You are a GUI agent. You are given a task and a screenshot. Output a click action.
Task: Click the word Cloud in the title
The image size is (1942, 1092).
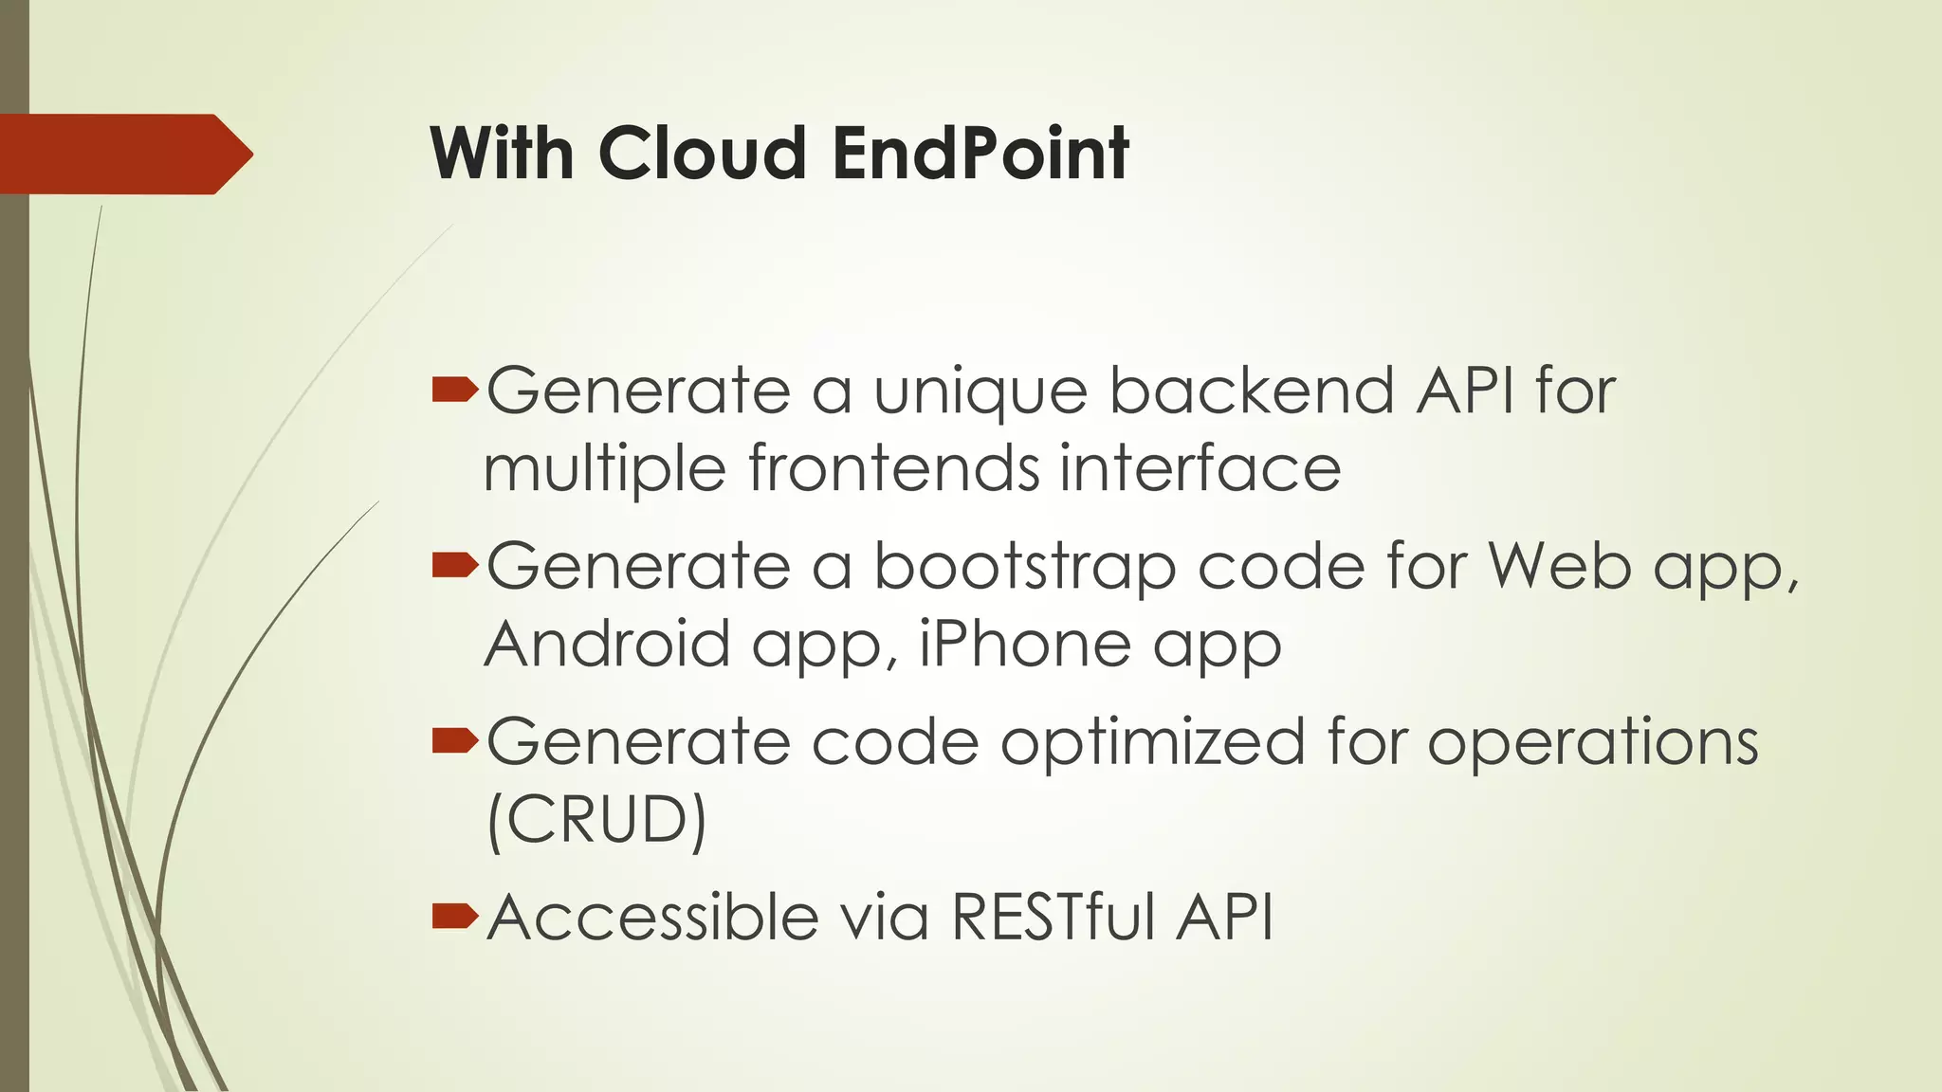coord(702,153)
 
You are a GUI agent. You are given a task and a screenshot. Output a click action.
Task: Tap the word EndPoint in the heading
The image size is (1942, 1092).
coord(980,153)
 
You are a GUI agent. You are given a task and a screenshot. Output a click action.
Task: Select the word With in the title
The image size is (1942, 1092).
coord(503,153)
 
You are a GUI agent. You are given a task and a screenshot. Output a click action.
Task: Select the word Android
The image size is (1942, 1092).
coord(607,644)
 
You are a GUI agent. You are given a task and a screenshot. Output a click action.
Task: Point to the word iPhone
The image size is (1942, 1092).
coord(1025,644)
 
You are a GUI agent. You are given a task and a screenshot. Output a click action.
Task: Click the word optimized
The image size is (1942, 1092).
coord(1152,742)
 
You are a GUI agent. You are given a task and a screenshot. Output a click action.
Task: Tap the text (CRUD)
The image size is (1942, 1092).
coord(596,820)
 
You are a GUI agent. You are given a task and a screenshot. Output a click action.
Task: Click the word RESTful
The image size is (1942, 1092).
coord(1053,917)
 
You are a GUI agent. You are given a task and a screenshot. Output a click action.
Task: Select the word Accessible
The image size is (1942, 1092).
coord(652,917)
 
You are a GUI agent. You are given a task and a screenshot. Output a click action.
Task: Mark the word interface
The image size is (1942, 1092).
coord(1200,468)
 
